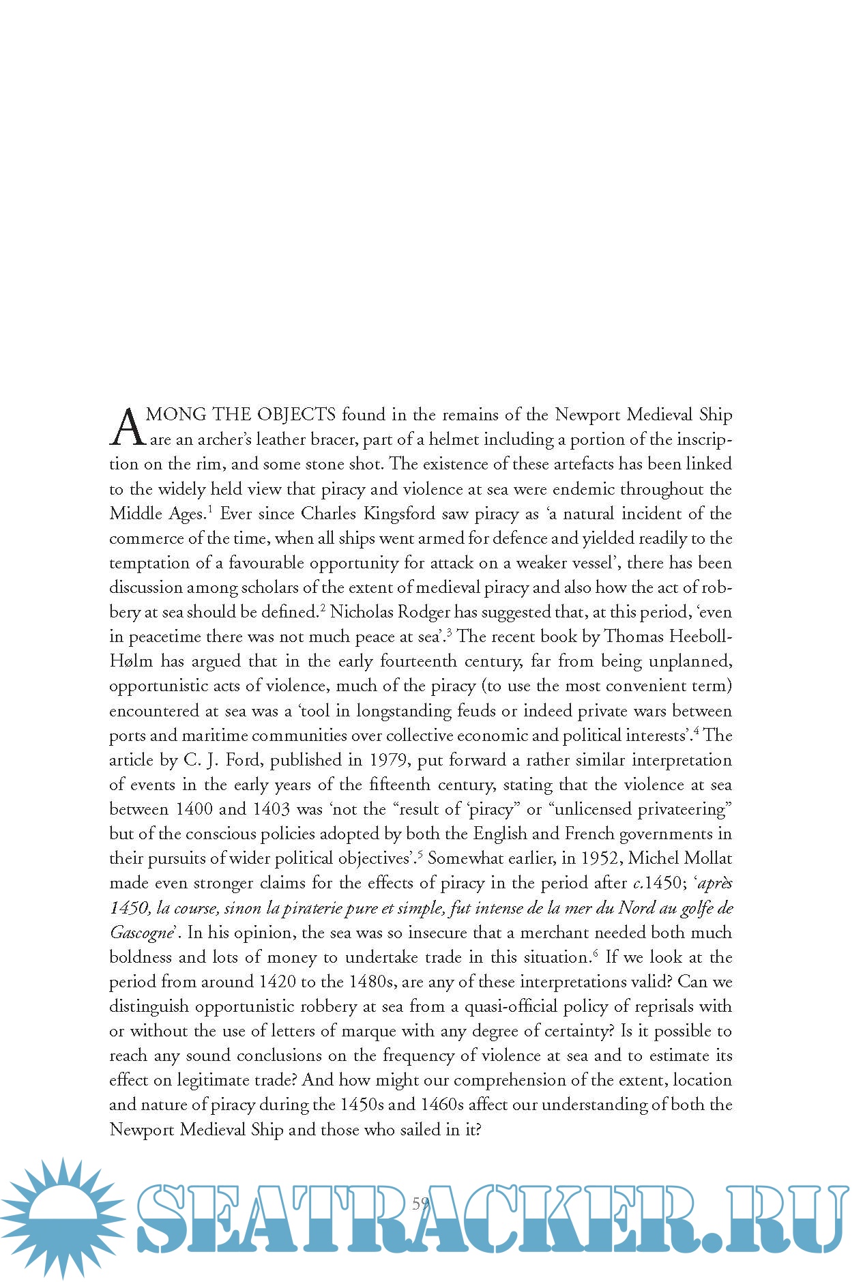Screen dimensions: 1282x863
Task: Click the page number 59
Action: pos(421,1203)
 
